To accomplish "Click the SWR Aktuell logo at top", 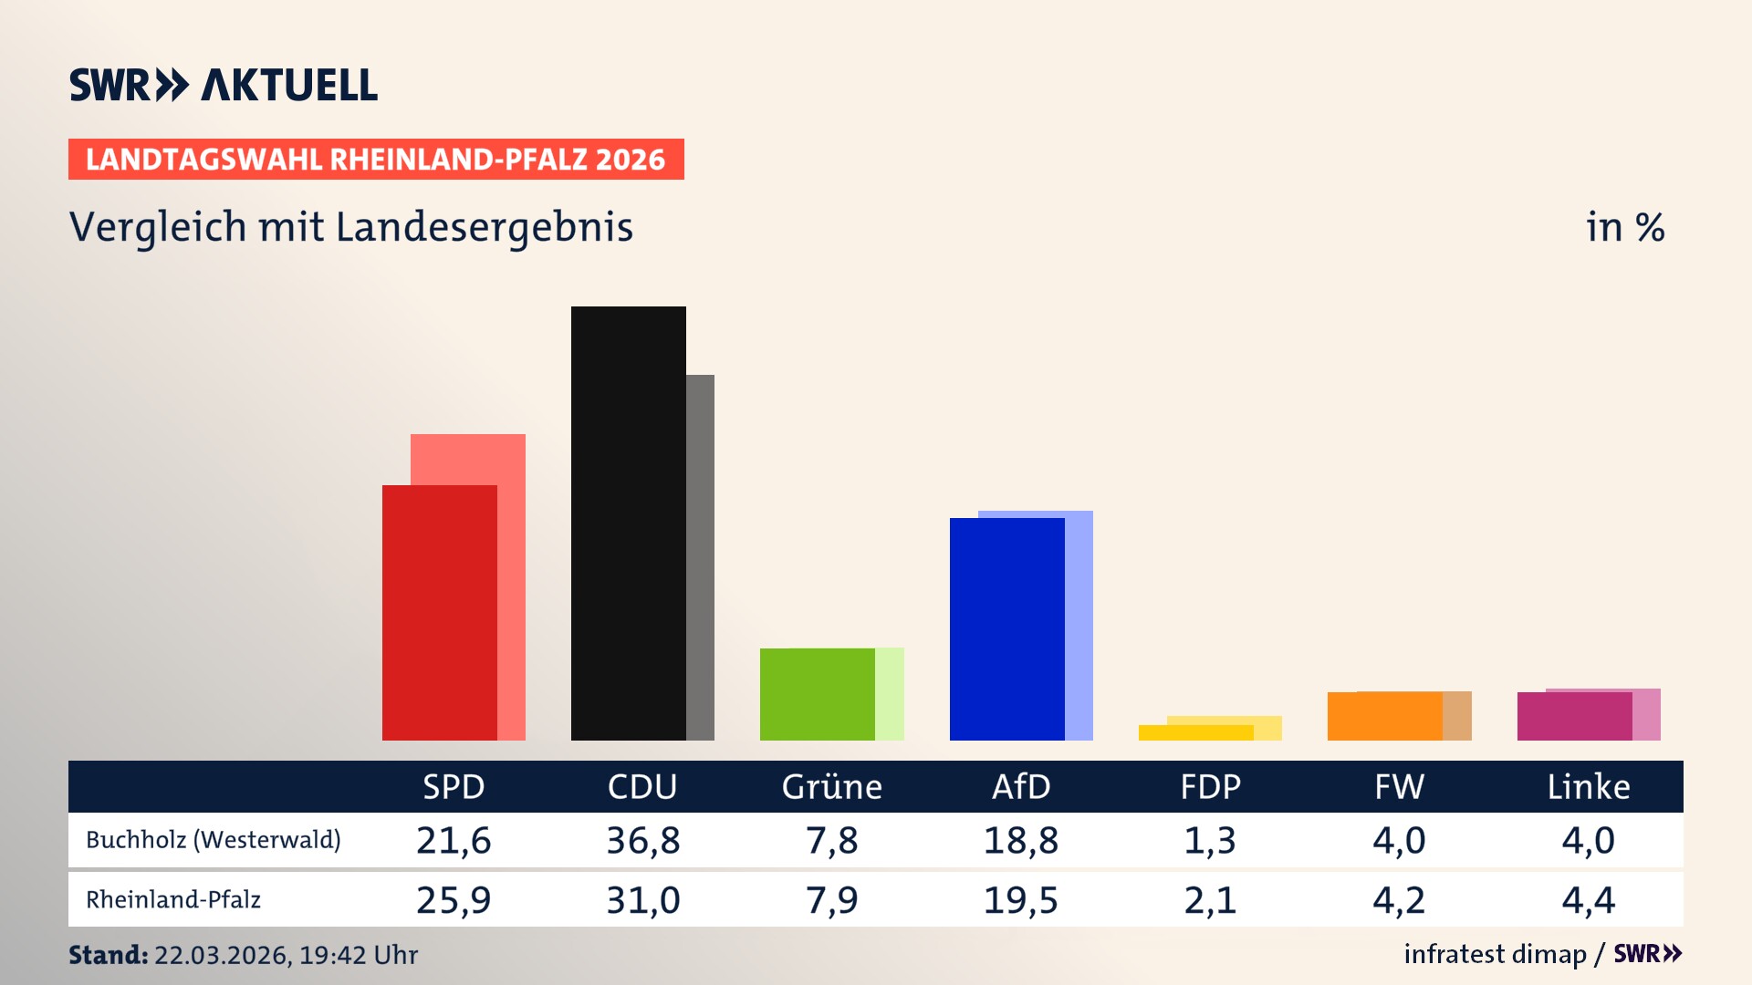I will click(x=223, y=85).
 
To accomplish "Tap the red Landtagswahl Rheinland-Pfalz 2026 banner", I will click(x=375, y=160).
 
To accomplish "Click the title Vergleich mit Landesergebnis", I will click(x=350, y=227).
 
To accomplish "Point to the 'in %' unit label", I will click(x=1624, y=227).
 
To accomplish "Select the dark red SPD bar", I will click(x=439, y=612).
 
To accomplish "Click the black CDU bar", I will click(x=628, y=523).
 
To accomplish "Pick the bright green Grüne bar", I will click(x=817, y=694).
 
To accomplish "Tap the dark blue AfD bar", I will click(x=1006, y=628).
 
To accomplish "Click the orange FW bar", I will click(x=1384, y=716).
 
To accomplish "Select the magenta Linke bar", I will click(x=1574, y=716).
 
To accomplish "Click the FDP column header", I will click(x=1210, y=787).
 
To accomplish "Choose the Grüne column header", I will click(x=831, y=787).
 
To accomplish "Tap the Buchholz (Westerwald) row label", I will click(x=213, y=840).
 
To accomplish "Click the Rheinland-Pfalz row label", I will click(x=173, y=900).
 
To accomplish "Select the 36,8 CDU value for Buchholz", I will click(x=643, y=840).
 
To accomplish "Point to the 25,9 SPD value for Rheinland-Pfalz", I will click(x=454, y=900).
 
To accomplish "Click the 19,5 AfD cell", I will click(x=1020, y=900).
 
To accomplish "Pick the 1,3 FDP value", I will click(x=1210, y=840).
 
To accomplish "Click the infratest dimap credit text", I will click(x=1495, y=954).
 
